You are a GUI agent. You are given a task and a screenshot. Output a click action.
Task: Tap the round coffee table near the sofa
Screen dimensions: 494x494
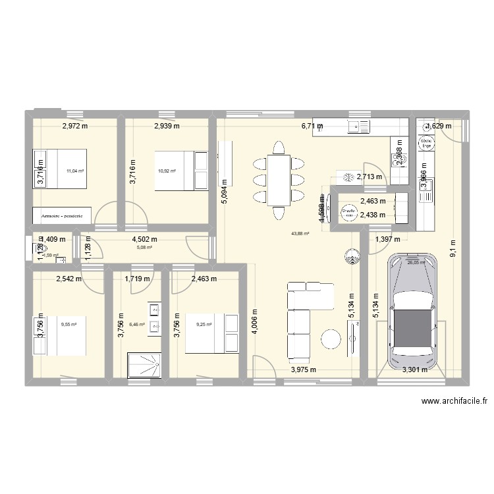tap(330, 339)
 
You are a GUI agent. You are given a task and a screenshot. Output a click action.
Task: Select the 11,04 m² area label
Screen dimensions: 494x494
tap(76, 170)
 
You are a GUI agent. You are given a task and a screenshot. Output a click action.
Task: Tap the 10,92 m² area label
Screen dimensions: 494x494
tap(167, 170)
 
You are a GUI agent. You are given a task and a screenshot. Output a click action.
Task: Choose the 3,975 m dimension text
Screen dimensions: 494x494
tap(304, 370)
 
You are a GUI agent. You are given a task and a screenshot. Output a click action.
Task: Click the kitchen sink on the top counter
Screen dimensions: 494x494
tap(360, 126)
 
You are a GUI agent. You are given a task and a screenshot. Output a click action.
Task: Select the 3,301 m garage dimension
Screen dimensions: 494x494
tap(415, 370)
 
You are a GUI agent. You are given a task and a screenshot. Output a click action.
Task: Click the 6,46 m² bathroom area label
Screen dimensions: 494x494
tap(137, 324)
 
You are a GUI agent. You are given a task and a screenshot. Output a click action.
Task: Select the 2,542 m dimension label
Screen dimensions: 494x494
tap(69, 279)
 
